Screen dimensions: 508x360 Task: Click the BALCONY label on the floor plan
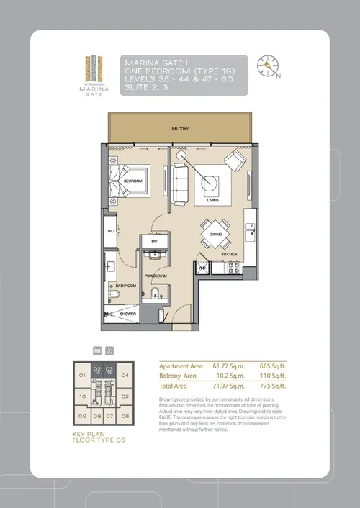[x=180, y=129]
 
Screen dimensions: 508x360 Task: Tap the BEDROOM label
[x=132, y=181]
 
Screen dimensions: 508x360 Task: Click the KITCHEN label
[x=229, y=254]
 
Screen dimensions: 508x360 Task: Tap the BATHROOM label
[x=127, y=286]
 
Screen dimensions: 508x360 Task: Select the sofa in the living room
[x=179, y=176]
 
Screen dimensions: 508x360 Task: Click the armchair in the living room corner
[x=235, y=161]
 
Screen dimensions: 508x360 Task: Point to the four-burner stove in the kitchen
[x=233, y=267]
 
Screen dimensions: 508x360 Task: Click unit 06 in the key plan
[x=125, y=416]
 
